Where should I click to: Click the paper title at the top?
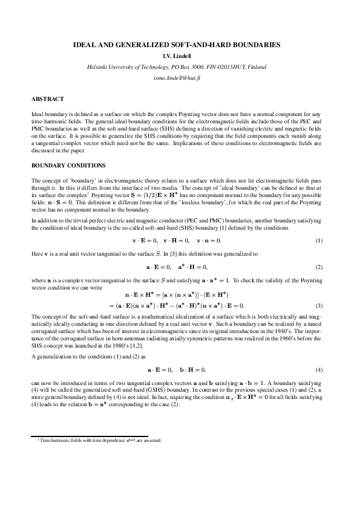coord(180,45)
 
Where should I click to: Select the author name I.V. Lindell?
coord(180,56)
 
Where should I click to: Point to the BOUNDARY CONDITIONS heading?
coord(68,165)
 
